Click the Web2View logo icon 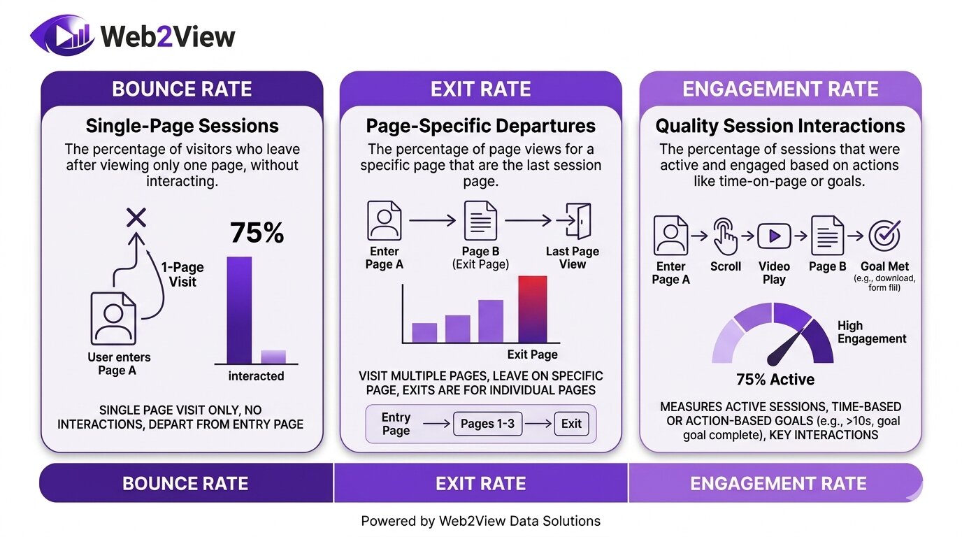click(x=62, y=36)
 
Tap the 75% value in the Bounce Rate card click(x=257, y=233)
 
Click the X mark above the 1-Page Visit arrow click(x=136, y=218)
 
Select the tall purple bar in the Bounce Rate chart click(x=239, y=310)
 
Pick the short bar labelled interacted click(x=273, y=357)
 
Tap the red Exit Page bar click(x=533, y=309)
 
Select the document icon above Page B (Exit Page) click(x=480, y=221)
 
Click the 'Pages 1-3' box click(x=487, y=424)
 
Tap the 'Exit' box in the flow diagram click(x=571, y=424)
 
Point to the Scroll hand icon click(x=725, y=236)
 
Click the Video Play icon click(x=774, y=236)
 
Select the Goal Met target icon click(x=884, y=236)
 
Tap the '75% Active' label click(x=775, y=380)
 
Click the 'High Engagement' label click(x=871, y=332)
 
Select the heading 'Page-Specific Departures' click(x=481, y=126)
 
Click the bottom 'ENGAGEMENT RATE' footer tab click(x=777, y=483)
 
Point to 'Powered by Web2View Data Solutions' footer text click(x=480, y=521)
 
